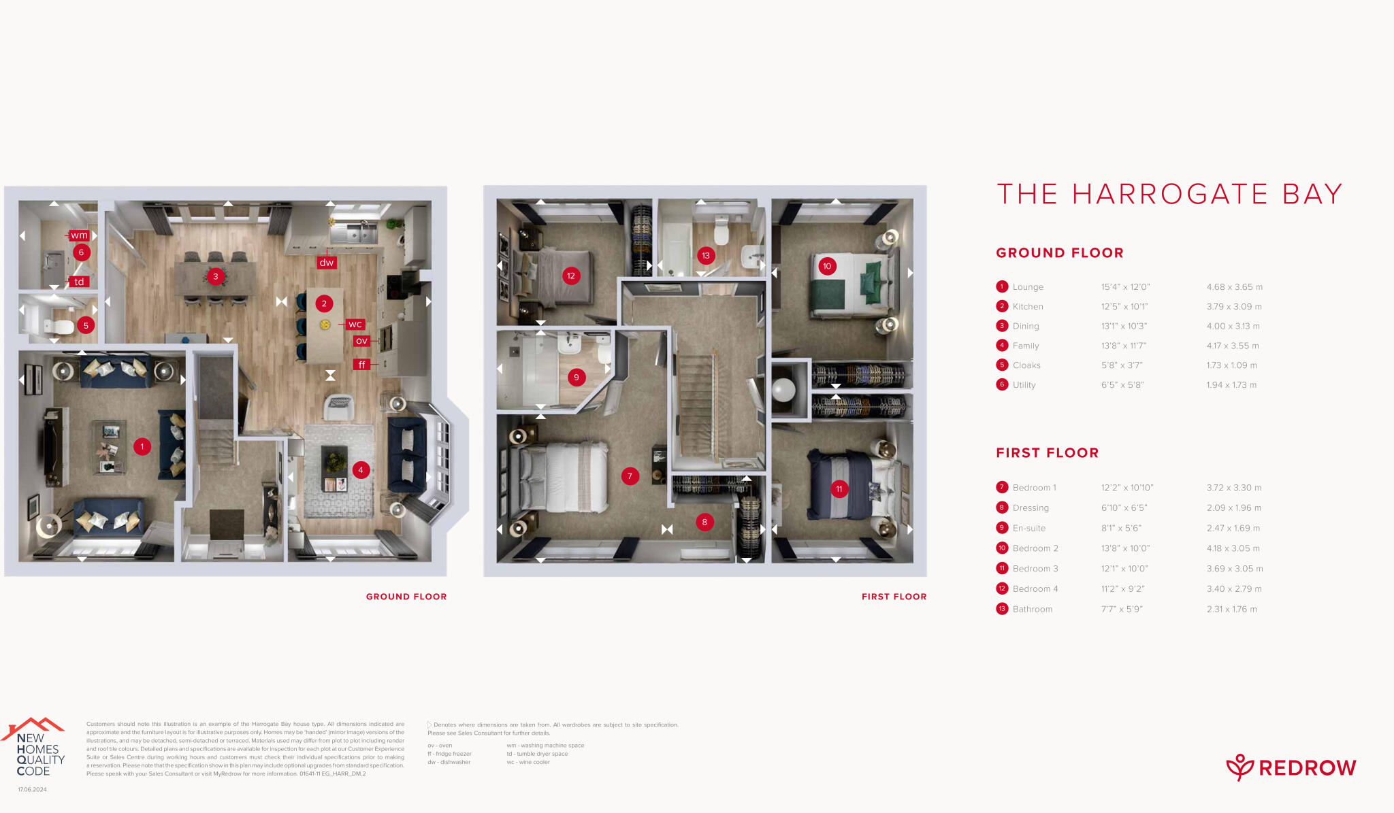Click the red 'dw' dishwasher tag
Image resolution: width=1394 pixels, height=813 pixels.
327,263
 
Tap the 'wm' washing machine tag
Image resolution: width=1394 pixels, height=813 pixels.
80,235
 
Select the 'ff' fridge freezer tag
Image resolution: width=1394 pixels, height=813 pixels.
361,365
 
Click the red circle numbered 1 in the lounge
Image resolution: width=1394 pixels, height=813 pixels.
142,447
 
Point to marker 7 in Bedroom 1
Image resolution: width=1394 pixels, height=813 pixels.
630,476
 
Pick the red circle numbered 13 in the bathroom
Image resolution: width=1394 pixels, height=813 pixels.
706,256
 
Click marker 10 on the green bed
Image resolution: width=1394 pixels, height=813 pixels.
827,266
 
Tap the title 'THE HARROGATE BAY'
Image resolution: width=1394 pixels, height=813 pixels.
1169,195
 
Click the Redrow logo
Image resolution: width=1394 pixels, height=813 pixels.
1291,767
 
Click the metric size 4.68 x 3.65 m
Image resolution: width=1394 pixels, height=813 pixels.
1234,287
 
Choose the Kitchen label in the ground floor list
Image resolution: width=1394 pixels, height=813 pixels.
1027,307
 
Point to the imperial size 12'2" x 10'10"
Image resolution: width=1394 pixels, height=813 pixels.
1127,488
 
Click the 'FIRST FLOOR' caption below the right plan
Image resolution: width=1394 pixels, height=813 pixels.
894,597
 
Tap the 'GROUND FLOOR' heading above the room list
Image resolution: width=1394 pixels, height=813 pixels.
1059,253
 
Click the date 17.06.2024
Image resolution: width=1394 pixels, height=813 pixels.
32,790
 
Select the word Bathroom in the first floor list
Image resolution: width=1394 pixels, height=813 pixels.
1032,610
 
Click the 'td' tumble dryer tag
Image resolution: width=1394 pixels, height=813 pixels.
79,282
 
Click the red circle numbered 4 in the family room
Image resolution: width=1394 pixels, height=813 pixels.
361,470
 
